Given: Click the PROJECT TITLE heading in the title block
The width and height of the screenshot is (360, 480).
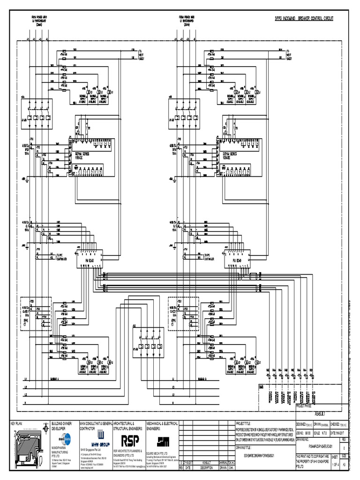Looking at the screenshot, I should (x=244, y=423).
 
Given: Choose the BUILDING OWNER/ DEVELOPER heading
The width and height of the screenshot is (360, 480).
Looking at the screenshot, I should (x=64, y=426).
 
